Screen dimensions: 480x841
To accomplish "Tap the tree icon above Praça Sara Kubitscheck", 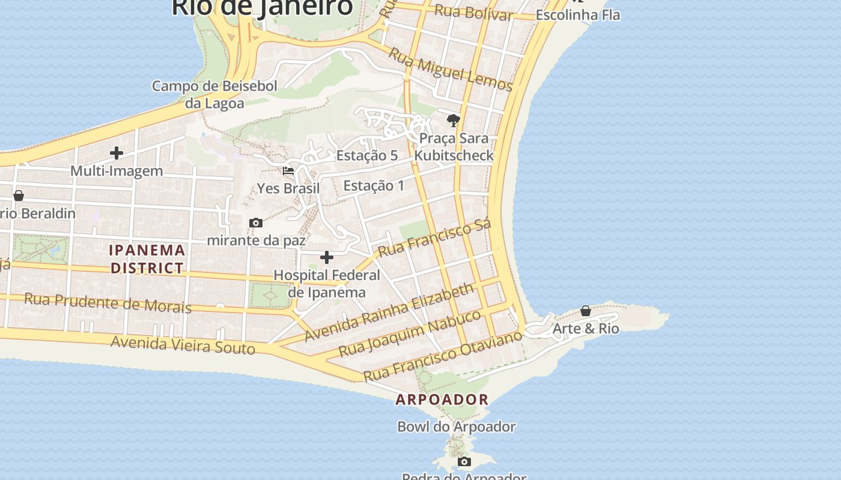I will click(x=454, y=121).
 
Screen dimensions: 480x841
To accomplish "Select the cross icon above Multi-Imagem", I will click(x=117, y=153).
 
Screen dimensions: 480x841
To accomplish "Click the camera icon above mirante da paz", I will click(x=255, y=223).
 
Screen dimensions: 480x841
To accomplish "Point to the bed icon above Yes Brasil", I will click(x=288, y=171).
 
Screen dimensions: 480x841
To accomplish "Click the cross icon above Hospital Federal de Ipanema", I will click(x=327, y=258).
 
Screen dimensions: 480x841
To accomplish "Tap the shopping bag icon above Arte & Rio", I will click(x=586, y=311).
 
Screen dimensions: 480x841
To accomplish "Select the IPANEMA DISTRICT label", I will click(x=147, y=259).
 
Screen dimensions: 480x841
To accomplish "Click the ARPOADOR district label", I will click(x=442, y=400).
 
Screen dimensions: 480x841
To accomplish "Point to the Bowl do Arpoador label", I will click(x=457, y=427).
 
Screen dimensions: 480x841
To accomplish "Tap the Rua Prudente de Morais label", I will click(x=108, y=303).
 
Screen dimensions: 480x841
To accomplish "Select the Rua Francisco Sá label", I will click(x=435, y=238).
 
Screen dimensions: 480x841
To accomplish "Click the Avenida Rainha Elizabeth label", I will click(x=389, y=313).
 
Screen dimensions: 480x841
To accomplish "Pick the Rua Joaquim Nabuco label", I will click(x=410, y=334).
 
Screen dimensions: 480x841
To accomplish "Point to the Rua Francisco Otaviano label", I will click(x=443, y=356).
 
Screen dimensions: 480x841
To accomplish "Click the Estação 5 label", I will click(x=367, y=155).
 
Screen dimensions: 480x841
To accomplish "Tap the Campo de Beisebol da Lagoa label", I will click(x=214, y=94).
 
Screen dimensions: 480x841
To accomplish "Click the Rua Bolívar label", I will click(x=473, y=13).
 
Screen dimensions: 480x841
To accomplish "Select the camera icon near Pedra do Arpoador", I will click(x=464, y=462).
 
